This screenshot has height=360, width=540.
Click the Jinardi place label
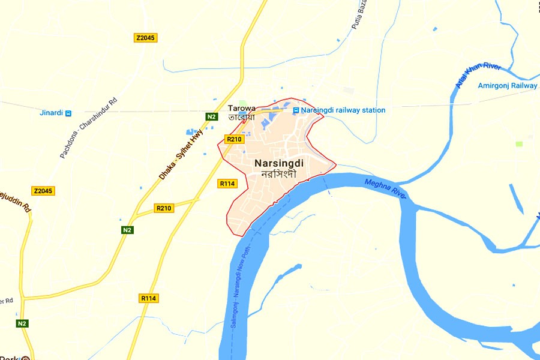tap(51, 113)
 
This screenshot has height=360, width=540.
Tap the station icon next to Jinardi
tap(68, 113)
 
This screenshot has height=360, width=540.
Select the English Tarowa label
tap(241, 109)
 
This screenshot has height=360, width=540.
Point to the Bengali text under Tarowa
tap(241, 118)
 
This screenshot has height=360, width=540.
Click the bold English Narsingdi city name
tap(279, 163)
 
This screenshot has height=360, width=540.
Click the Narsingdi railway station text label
tap(343, 110)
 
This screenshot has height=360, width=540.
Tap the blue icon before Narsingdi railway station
tap(296, 110)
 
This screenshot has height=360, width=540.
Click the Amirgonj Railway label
tap(508, 86)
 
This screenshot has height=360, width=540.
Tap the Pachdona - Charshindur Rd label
tap(88, 128)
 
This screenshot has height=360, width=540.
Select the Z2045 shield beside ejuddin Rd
tap(43, 191)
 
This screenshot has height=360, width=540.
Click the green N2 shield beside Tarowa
tap(211, 117)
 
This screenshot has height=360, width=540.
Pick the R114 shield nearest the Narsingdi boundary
tap(227, 184)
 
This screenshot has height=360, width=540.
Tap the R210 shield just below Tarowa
tap(234, 139)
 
